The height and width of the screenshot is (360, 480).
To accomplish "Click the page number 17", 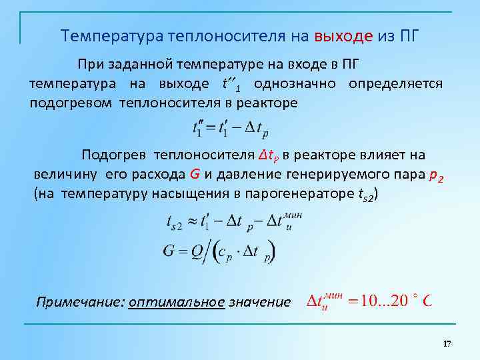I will point(447,343).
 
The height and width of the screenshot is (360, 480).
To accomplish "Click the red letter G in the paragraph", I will point(195,175).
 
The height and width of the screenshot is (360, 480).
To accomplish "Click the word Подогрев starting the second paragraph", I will point(114,155).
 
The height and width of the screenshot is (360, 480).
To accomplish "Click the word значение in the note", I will point(259,302).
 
